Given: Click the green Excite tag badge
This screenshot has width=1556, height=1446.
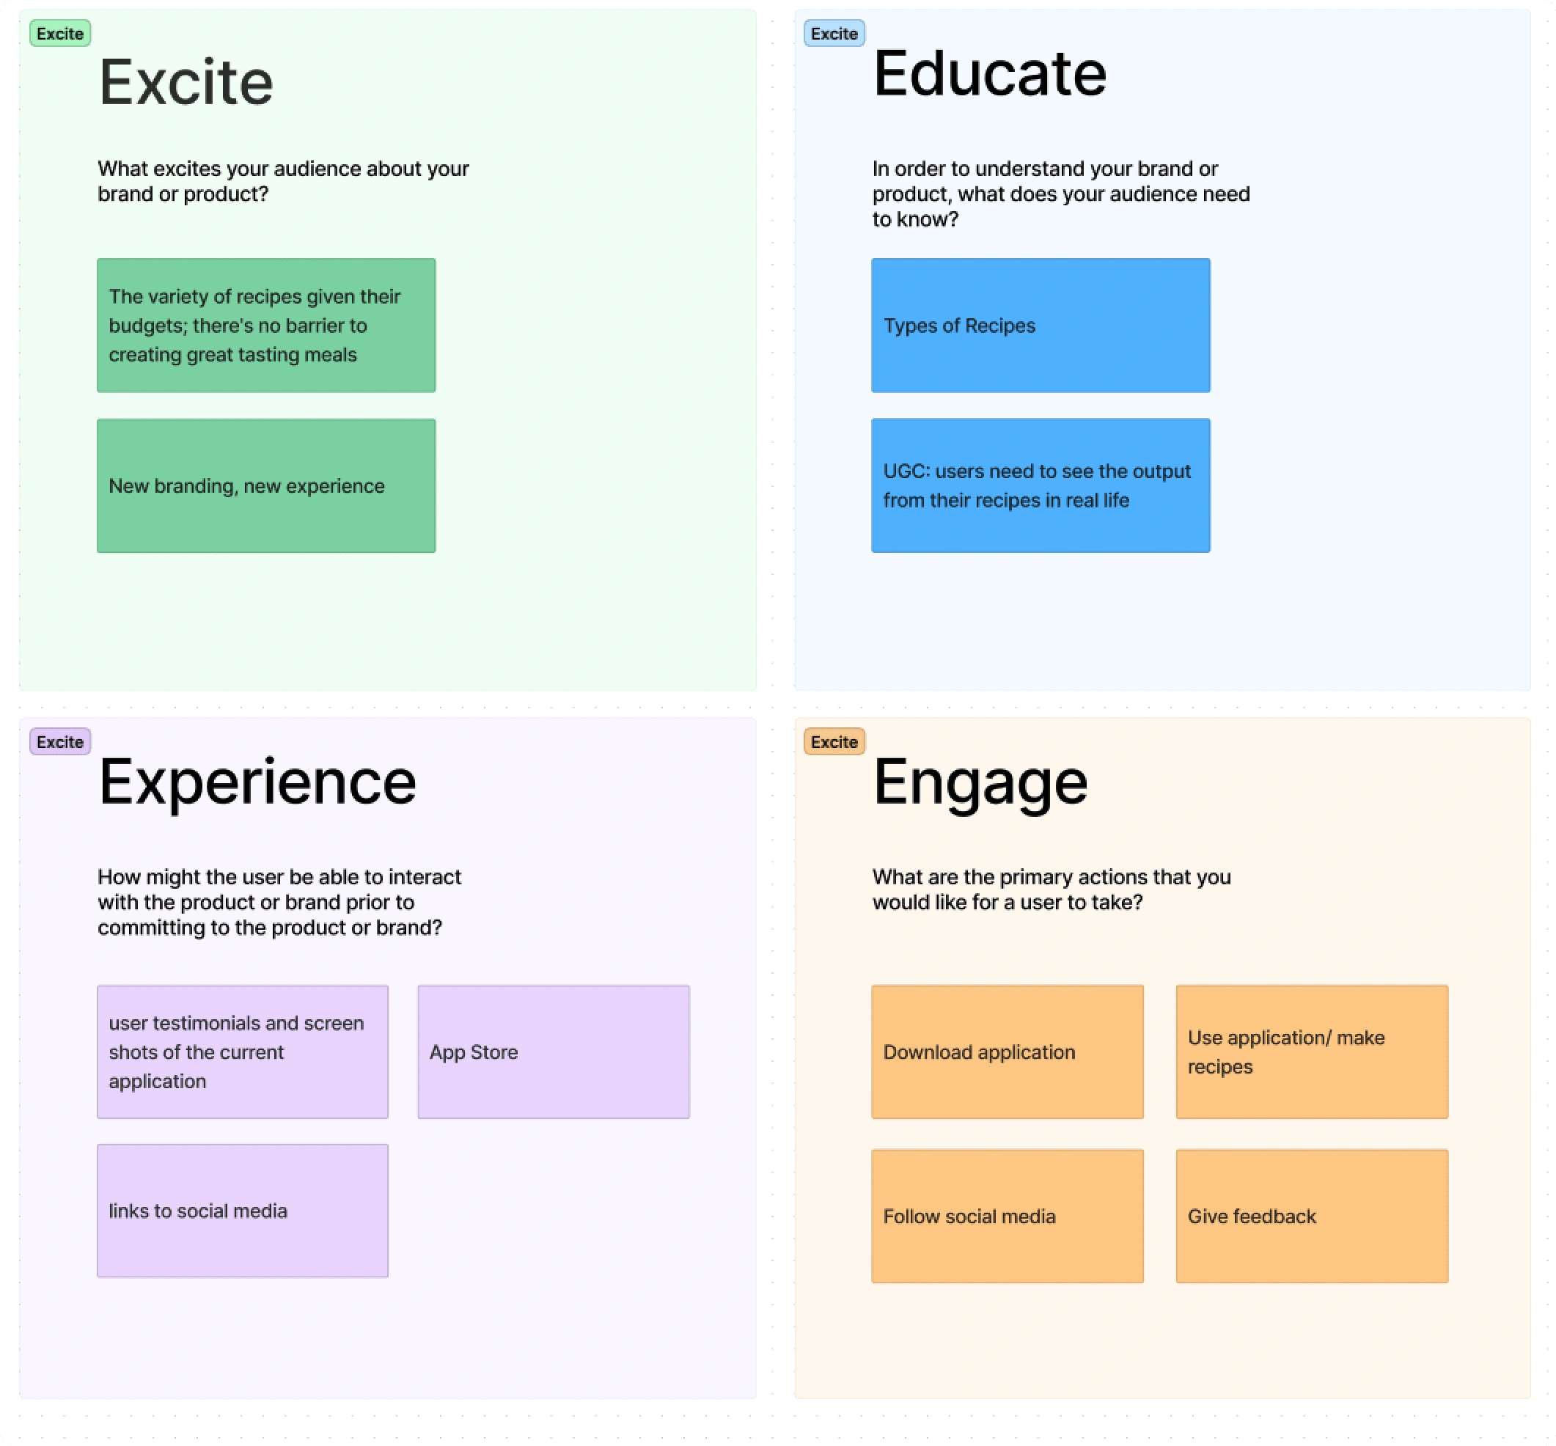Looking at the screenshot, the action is [x=60, y=34].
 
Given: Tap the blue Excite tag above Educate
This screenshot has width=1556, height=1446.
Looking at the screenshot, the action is [x=834, y=34].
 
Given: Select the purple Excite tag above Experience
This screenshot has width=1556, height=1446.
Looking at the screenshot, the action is [x=60, y=741].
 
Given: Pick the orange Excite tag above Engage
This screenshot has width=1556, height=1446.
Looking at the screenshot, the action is [x=834, y=741].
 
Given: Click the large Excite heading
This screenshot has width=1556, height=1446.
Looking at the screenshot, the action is [x=186, y=82].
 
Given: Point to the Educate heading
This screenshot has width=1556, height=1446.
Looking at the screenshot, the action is [x=990, y=73].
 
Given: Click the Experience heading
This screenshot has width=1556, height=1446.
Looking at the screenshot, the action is [x=257, y=782].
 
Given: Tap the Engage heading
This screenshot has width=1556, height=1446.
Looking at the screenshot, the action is [x=980, y=782].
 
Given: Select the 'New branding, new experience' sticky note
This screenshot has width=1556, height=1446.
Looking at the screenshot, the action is [x=266, y=486].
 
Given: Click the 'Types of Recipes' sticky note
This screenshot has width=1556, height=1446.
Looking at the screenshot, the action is [x=1041, y=326].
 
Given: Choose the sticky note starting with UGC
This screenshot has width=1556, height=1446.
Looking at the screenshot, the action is [x=1041, y=486].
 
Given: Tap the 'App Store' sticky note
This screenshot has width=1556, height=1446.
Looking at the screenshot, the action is [x=553, y=1052].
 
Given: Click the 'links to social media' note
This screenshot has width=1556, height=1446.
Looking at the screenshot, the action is [x=243, y=1211].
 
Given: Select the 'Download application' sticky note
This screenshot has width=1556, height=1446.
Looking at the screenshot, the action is [x=1008, y=1052].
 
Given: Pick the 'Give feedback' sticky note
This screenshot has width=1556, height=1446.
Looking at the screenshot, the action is [x=1312, y=1216].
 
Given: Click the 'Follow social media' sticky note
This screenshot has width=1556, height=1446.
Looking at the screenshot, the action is [x=1008, y=1216].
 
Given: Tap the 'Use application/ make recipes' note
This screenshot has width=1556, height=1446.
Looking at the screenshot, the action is [x=1312, y=1052].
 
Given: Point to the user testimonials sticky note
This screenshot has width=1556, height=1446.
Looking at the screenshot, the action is [x=243, y=1052].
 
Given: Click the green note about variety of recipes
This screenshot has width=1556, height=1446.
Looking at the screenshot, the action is [x=266, y=326].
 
